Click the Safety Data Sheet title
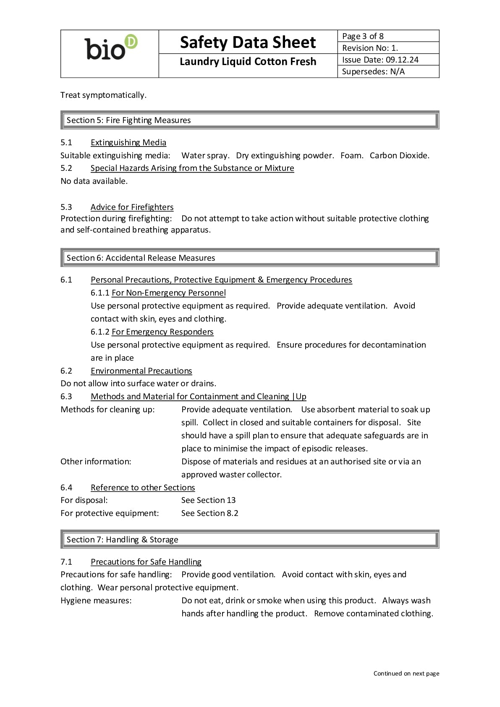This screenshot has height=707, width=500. click(248, 42)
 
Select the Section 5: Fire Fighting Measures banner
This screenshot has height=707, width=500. click(250, 120)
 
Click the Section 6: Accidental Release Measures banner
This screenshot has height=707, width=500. click(250, 258)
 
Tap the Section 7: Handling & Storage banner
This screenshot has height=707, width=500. click(250, 539)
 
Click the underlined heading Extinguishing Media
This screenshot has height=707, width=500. click(128, 142)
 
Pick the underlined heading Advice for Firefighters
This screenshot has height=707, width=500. click(132, 207)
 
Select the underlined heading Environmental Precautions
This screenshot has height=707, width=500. click(141, 371)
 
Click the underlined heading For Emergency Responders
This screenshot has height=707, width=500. click(162, 332)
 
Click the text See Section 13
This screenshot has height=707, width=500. click(208, 500)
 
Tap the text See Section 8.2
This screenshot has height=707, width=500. click(209, 513)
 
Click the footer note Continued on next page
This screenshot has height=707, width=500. click(406, 673)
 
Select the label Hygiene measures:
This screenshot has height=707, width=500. click(96, 600)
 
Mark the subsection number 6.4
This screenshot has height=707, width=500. click(66, 487)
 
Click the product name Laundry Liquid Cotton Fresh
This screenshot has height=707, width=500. click(248, 62)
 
